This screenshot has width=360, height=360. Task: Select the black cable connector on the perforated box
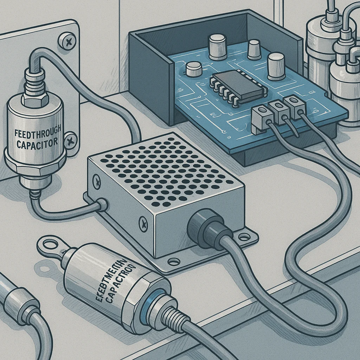[x=208, y=227]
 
